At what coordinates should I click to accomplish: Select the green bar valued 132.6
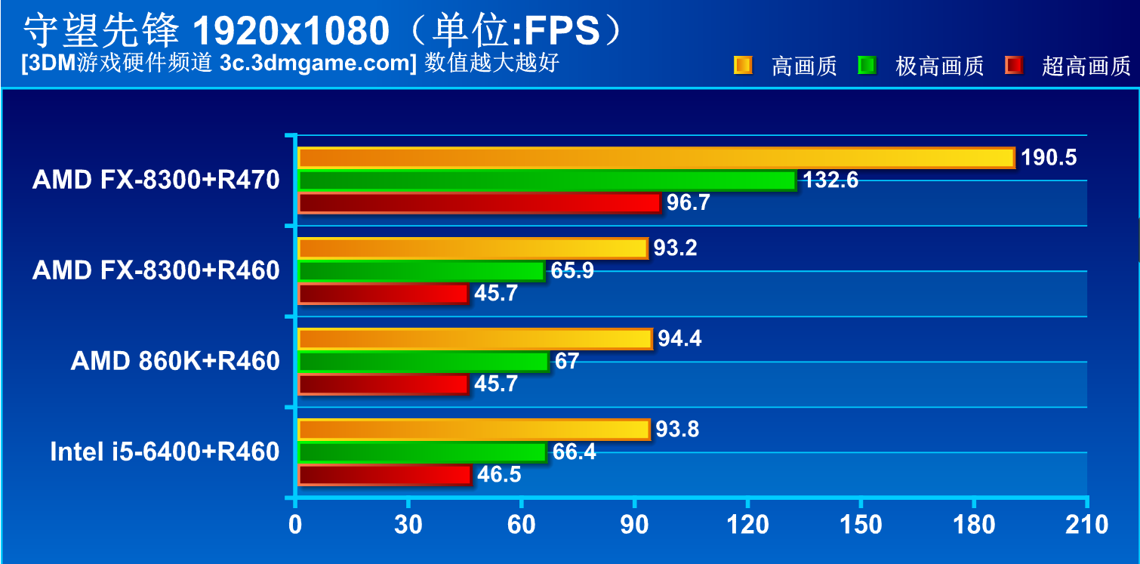tap(547, 180)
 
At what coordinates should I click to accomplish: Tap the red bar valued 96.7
tap(479, 203)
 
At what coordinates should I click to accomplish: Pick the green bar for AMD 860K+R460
tap(423, 362)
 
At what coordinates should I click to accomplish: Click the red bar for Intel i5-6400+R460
tap(384, 475)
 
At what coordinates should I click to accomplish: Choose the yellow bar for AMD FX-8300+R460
tap(473, 248)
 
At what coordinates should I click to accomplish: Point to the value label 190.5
tap(1049, 158)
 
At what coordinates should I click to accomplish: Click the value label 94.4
tap(679, 339)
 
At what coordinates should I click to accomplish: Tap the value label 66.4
tap(574, 452)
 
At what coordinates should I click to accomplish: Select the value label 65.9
tap(572, 271)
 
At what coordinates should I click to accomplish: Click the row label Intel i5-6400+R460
tap(165, 452)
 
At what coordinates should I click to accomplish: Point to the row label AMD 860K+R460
tap(175, 362)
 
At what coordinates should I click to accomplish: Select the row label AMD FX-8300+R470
tap(156, 180)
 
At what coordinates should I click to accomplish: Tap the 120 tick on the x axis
tap(747, 525)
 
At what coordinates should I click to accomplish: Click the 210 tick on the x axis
tap(1086, 525)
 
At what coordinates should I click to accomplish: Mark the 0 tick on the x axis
tap(295, 525)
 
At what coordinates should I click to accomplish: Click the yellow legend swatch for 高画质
tap(743, 66)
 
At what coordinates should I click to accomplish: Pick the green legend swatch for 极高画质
tap(867, 66)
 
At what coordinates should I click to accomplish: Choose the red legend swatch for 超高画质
tap(1014, 66)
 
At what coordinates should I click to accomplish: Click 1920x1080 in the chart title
tap(291, 30)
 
